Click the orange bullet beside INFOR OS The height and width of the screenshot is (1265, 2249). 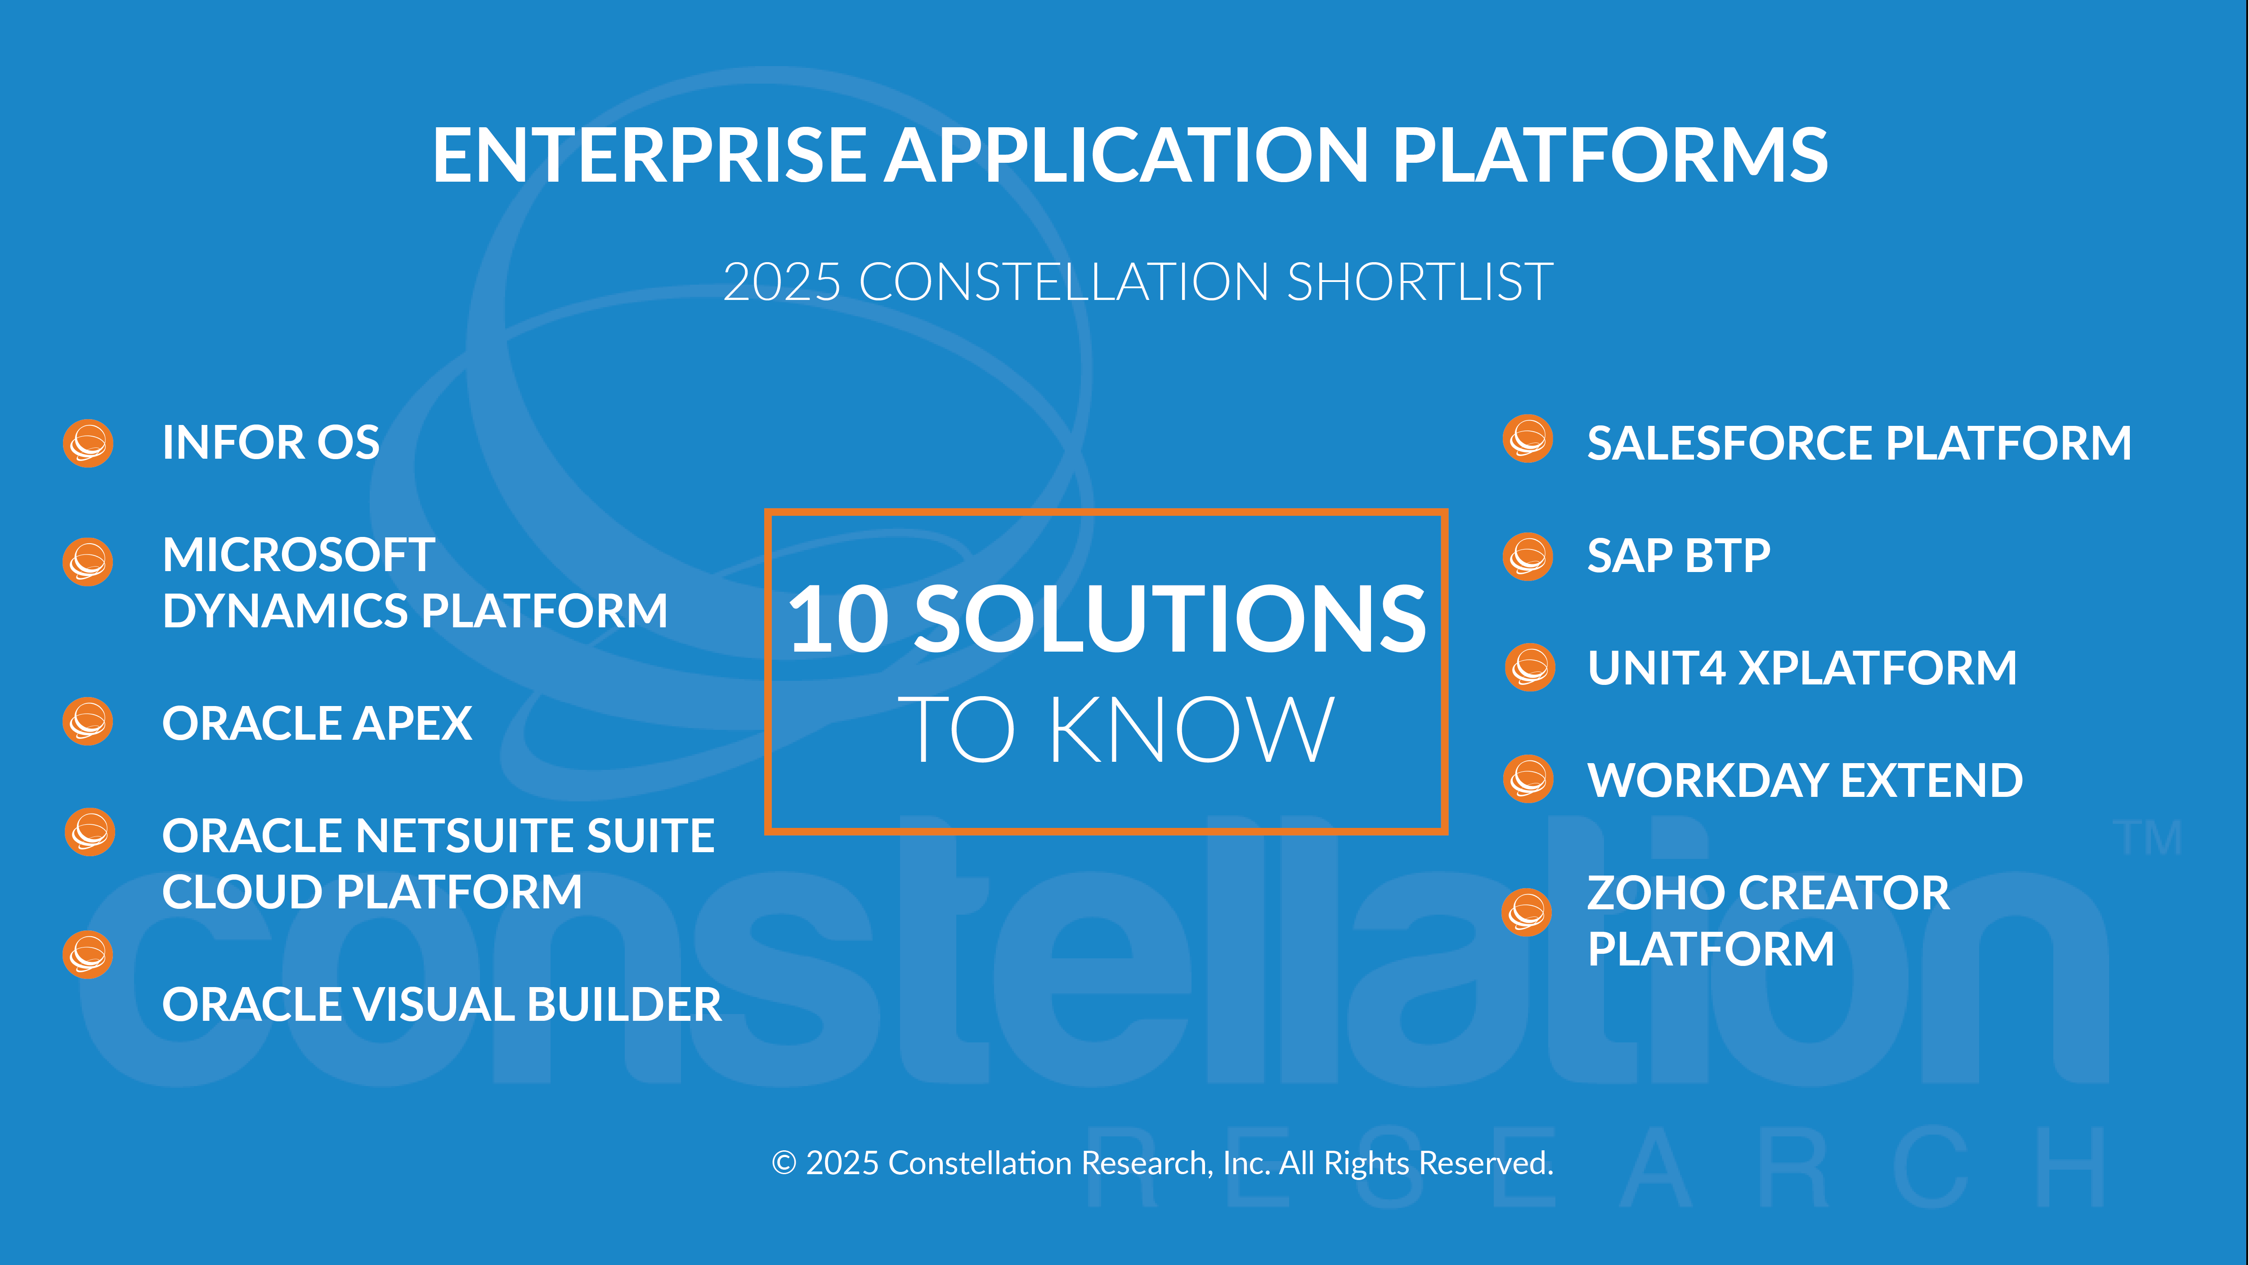pyautogui.click(x=88, y=443)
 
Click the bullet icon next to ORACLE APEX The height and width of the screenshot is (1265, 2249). pyautogui.click(x=88, y=721)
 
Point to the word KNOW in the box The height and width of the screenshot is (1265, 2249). pyautogui.click(x=1192, y=730)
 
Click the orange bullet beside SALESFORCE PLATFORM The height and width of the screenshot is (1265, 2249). pyautogui.click(x=1528, y=438)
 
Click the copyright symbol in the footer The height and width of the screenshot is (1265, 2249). pyautogui.click(x=784, y=1164)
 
